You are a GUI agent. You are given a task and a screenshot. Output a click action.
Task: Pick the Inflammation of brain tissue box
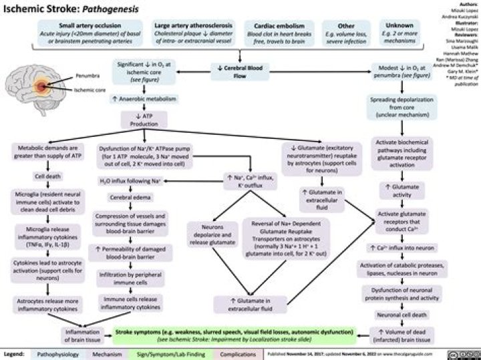coord(82,335)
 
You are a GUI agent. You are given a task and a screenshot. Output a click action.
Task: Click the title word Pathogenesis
coord(106,9)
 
